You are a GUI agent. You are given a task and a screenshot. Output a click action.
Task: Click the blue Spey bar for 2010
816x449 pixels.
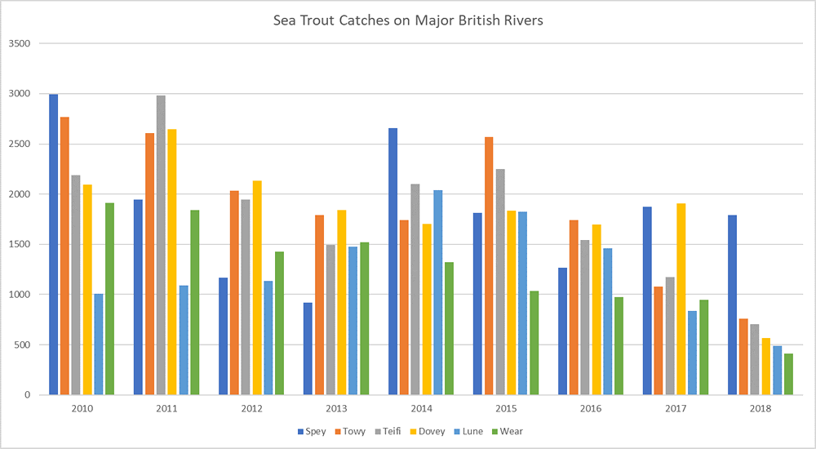click(53, 245)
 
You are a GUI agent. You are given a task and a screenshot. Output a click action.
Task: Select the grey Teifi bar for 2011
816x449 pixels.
click(161, 245)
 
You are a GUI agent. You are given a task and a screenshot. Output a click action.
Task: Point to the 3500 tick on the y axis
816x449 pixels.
click(19, 44)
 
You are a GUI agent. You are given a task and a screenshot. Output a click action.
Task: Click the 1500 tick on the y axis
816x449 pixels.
click(19, 244)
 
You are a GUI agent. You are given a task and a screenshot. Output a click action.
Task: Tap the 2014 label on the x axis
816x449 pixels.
click(422, 407)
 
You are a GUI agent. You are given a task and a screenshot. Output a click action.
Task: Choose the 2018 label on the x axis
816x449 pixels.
click(761, 407)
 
